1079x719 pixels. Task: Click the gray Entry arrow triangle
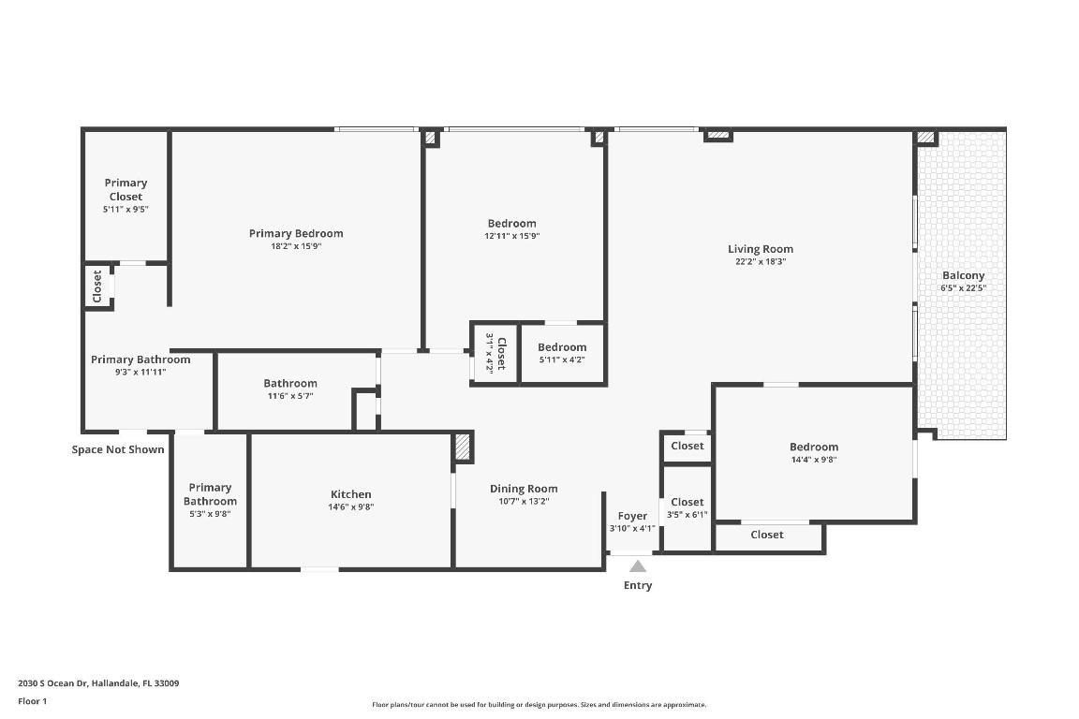[x=638, y=565]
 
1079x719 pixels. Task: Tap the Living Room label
[x=761, y=249]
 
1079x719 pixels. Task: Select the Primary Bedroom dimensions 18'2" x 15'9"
[x=296, y=246]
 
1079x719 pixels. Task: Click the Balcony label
[x=963, y=275]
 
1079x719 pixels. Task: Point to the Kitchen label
[x=351, y=494]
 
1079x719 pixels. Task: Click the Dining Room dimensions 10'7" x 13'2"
[x=524, y=501]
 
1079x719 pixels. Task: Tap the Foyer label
[x=632, y=516]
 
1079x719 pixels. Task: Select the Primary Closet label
[x=126, y=190]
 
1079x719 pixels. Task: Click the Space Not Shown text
[x=118, y=449]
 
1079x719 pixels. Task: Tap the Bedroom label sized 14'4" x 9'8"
[x=813, y=447]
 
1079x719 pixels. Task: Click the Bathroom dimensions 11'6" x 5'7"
[x=289, y=396]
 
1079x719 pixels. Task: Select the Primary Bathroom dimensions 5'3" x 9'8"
[x=210, y=513]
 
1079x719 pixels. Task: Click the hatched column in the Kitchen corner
[x=463, y=447]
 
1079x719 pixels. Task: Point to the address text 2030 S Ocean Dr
[x=99, y=683]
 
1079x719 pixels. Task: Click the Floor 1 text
[x=32, y=701]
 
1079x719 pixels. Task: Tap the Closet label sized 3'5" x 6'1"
[x=687, y=502]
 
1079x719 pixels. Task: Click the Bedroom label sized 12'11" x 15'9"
[x=511, y=223]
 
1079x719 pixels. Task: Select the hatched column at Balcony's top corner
[x=925, y=138]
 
